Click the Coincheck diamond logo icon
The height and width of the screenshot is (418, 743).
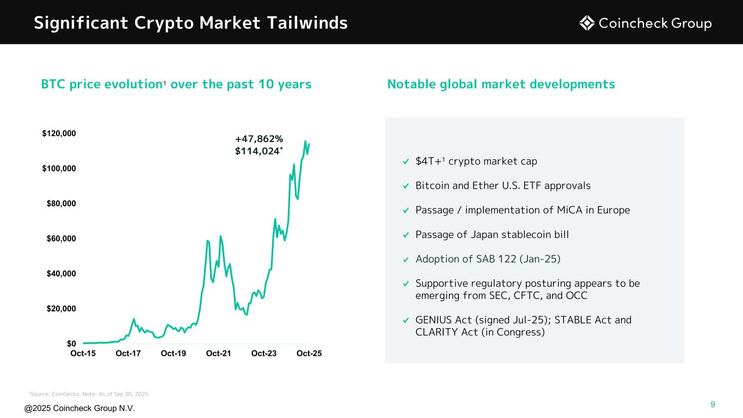point(586,23)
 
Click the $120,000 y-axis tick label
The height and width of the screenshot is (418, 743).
point(60,133)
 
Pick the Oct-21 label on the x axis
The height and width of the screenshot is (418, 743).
point(219,354)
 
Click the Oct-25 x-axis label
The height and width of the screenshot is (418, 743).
point(309,354)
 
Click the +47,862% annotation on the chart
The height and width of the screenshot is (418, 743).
point(259,139)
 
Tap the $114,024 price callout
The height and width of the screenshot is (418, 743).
point(257,151)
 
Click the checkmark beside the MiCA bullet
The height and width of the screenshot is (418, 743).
point(406,211)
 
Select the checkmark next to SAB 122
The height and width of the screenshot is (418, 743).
point(406,259)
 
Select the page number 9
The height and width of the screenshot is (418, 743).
point(713,404)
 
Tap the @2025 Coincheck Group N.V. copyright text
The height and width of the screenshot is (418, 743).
point(79,409)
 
